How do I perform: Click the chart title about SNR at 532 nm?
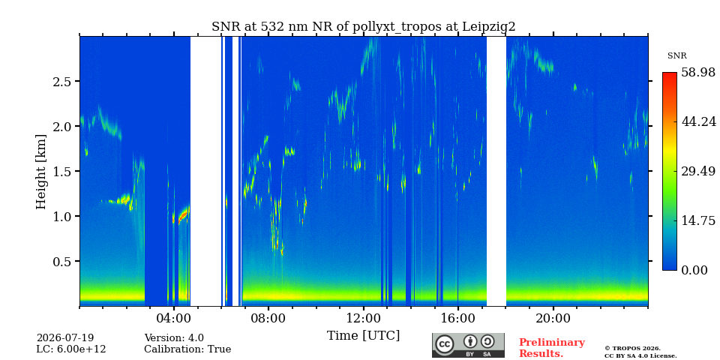click(363, 27)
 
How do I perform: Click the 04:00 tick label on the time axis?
click(174, 318)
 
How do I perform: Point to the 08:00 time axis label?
click(268, 318)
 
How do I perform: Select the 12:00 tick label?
click(363, 318)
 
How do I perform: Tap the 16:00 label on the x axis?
click(457, 318)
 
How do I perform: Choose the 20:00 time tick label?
click(553, 318)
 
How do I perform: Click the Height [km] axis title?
click(41, 172)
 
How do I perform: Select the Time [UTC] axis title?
click(363, 336)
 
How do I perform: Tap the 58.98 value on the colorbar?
click(698, 73)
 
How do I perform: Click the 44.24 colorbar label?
click(698, 121)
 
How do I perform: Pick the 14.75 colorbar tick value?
click(698, 220)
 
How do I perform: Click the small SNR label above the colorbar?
click(676, 56)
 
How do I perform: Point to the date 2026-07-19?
click(65, 338)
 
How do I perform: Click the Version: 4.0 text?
click(174, 338)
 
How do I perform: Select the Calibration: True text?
click(187, 349)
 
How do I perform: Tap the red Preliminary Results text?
click(552, 347)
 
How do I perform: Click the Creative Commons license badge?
click(468, 345)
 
